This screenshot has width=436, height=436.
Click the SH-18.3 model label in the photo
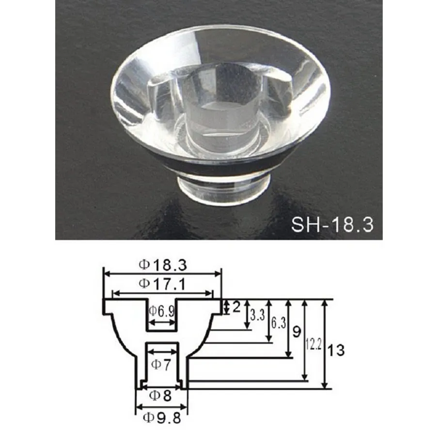pos(332,224)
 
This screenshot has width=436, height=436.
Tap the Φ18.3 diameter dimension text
pos(162,265)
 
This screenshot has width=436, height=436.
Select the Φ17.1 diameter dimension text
pos(162,283)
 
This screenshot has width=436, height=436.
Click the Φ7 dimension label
pos(162,365)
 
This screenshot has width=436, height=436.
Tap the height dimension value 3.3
pos(257,316)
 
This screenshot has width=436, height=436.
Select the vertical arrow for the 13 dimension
pos(326,344)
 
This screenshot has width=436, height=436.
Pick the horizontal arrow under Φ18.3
pos(162,274)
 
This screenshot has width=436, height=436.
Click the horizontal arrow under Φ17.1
pos(162,293)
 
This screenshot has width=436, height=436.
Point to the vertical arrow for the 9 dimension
pos(289,329)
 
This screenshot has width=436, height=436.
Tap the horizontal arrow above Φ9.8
pos(161,406)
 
